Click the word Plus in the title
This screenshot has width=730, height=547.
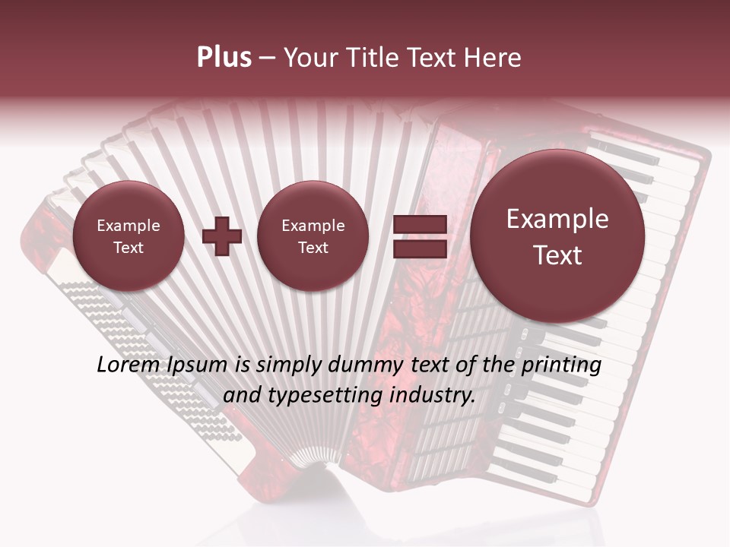(224, 58)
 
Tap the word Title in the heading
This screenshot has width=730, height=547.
(375, 58)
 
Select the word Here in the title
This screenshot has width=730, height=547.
(494, 58)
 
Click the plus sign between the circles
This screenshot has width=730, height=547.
(222, 236)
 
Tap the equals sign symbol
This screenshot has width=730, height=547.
(419, 236)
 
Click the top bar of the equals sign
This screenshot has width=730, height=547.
(419, 224)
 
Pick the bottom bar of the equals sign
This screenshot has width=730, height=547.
(419, 248)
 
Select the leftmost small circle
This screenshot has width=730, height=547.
(129, 236)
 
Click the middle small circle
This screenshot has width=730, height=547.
(313, 236)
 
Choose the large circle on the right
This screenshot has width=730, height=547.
(557, 236)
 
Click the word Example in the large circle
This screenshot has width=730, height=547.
(557, 219)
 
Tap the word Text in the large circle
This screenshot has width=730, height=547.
(557, 255)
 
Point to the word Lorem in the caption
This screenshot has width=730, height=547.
(127, 365)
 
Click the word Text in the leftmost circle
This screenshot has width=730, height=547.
(129, 248)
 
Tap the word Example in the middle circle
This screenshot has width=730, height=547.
(313, 226)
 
